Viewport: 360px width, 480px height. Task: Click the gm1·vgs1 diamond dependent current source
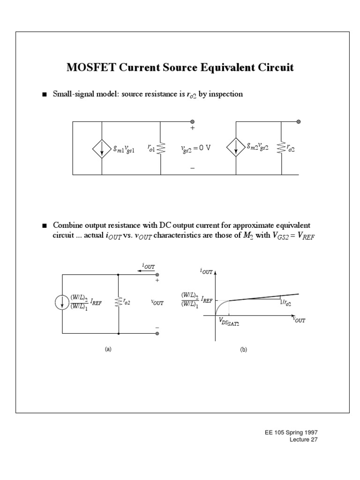102,148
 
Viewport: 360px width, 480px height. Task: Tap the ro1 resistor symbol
161,149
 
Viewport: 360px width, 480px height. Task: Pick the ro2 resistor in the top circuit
281,148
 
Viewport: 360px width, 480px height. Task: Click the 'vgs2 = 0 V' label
195,148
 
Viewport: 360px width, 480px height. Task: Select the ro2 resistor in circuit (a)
119,303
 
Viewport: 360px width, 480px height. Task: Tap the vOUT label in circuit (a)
157,303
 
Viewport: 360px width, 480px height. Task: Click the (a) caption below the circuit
108,349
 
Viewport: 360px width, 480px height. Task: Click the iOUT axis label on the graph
206,271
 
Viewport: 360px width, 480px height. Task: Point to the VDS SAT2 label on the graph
227,321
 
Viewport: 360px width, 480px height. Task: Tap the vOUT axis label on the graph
299,321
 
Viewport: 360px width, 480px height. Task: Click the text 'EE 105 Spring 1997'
298,432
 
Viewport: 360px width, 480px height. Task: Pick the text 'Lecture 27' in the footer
307,440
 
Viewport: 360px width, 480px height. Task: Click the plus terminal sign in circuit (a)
157,281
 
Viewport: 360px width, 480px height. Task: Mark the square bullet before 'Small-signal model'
45,95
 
